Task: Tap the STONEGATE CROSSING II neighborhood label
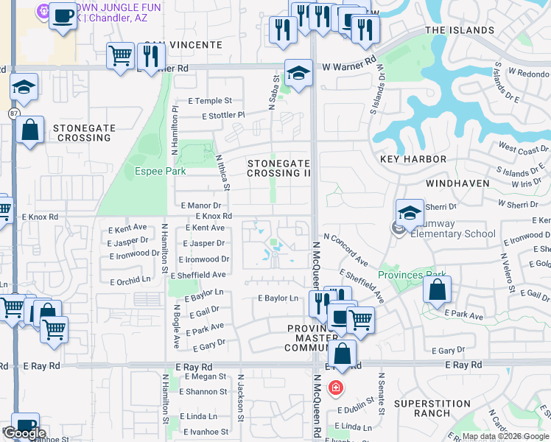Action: [x=278, y=168]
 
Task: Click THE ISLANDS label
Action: [x=460, y=30]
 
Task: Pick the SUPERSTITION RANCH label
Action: [x=432, y=408]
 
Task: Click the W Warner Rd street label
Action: [x=349, y=67]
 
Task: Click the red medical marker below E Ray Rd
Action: [x=336, y=387]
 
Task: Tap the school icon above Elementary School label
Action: [x=410, y=213]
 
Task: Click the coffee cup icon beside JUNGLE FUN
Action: [x=63, y=15]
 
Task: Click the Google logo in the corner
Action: [x=24, y=433]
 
